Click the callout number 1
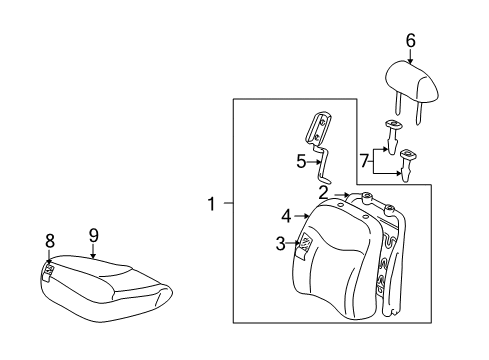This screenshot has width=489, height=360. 212,205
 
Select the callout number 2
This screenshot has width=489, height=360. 324,192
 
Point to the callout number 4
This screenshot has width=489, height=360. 285,215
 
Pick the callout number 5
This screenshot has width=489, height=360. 300,160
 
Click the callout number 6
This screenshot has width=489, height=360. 410,40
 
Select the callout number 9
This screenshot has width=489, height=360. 92,236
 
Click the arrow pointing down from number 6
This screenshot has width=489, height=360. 410,59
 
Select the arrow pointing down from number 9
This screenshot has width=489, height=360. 93,251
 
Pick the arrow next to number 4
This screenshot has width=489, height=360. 302,215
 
